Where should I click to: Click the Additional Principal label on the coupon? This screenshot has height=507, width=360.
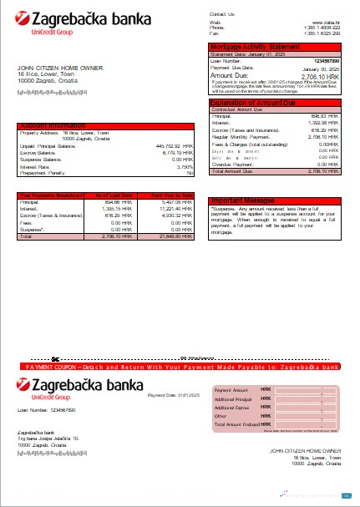click(x=234, y=399)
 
